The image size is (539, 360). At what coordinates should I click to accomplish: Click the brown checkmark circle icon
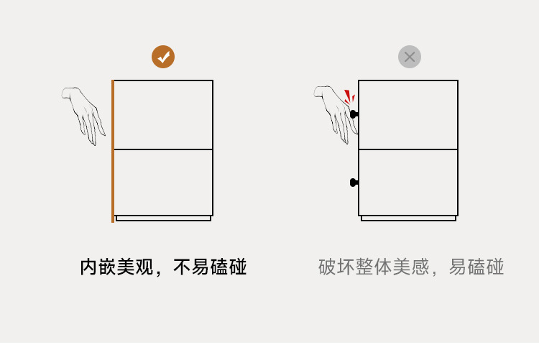(x=163, y=57)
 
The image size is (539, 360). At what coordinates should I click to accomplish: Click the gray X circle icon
(x=410, y=57)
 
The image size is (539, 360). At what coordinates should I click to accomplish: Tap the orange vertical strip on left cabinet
(x=113, y=151)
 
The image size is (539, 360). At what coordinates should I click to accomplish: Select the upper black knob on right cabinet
(x=354, y=114)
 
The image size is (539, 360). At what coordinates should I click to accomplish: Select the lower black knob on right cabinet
(x=354, y=183)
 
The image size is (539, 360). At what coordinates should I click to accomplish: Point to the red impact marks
(x=349, y=97)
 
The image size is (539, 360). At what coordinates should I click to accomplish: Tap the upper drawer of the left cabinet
(x=163, y=115)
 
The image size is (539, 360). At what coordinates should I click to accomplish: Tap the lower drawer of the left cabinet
(x=163, y=183)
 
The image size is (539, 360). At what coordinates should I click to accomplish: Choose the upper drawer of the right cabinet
(x=408, y=115)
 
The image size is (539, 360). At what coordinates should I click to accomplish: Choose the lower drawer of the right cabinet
(x=408, y=183)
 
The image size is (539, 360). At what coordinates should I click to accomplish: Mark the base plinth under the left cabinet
(x=163, y=218)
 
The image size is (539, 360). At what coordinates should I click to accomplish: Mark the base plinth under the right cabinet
(x=408, y=218)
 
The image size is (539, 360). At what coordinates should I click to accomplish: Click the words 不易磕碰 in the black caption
(x=210, y=267)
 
